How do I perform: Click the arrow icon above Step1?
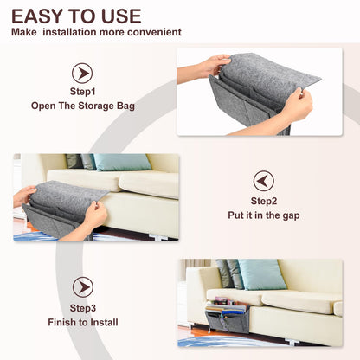(x=82, y=74)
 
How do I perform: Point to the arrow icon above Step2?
(x=263, y=181)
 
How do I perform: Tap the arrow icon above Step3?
(x=82, y=286)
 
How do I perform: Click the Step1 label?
(x=82, y=91)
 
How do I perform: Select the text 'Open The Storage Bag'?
(x=82, y=106)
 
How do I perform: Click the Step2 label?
(x=263, y=199)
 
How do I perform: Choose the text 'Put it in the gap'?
(x=263, y=215)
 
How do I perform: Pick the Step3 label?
(x=82, y=307)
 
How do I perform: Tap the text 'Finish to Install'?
(x=82, y=323)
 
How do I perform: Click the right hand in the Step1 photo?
(x=297, y=106)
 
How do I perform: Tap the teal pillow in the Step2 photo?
(x=123, y=163)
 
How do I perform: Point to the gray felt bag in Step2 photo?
(x=61, y=208)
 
